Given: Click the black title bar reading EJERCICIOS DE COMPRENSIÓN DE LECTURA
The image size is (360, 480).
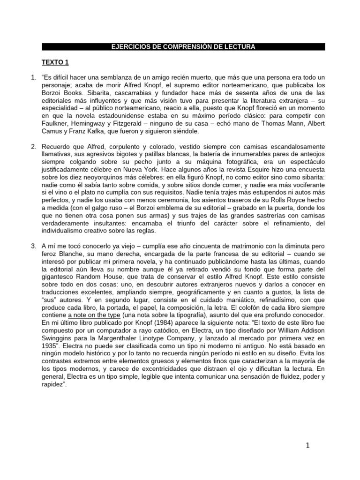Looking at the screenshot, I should point(183,46).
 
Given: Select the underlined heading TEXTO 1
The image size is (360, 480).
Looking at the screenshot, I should point(55,61).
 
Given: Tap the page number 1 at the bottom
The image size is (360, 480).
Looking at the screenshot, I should point(308,446).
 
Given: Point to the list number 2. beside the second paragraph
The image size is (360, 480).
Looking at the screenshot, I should point(34,147).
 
